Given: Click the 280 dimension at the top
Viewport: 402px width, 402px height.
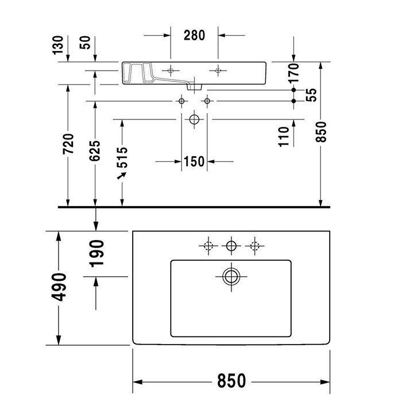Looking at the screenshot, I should [x=194, y=35].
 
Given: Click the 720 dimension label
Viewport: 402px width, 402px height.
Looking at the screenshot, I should [x=69, y=144].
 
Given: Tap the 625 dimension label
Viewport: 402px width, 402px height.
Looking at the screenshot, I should [x=95, y=151].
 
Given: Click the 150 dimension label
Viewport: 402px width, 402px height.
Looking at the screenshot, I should [x=194, y=162].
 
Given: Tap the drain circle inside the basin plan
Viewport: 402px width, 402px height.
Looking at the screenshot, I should [x=231, y=276].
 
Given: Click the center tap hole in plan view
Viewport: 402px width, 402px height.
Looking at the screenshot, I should [x=231, y=246].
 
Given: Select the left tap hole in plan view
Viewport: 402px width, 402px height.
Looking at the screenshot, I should [x=207, y=246].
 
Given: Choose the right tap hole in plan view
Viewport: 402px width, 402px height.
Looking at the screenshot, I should [x=254, y=246].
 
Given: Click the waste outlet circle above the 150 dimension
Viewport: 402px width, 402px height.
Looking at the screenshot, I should [x=194, y=119].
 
